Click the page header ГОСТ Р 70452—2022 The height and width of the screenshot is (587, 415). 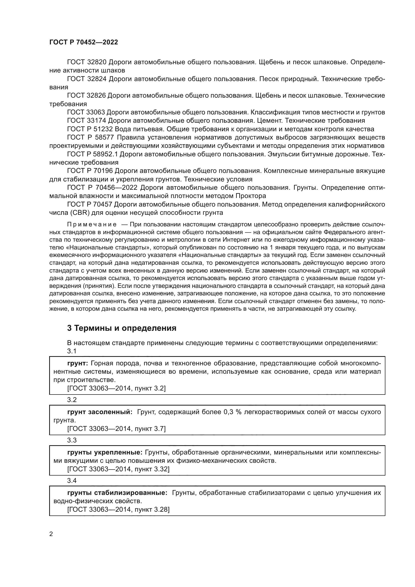tap(84, 42)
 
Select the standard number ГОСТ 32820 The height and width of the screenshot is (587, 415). tap(87, 62)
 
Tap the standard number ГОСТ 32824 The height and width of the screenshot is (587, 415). tap(87, 79)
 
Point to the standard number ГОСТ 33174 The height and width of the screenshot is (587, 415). tap(87, 120)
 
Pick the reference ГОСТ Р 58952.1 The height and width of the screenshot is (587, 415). tap(92, 154)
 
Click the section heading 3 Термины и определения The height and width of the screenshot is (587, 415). tap(122, 328)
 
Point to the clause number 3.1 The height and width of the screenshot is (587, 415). tap(72, 351)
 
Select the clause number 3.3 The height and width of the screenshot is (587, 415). tap(72, 440)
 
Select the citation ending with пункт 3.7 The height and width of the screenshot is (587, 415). tap(116, 429)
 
